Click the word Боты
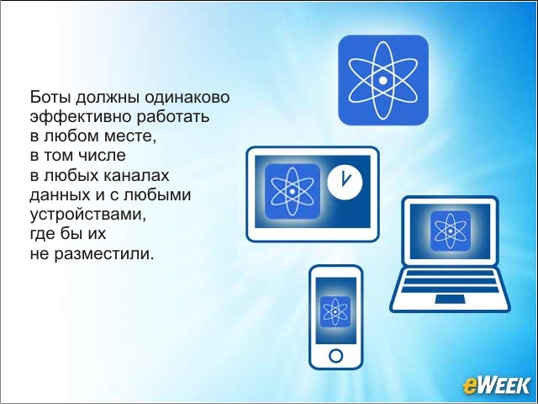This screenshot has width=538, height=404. click(x=50, y=97)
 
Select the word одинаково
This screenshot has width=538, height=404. click(x=187, y=98)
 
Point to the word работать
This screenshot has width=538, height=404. click(x=173, y=117)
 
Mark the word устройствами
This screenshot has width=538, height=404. click(x=87, y=215)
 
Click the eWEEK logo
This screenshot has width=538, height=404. click(x=496, y=385)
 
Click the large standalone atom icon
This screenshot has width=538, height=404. click(x=383, y=80)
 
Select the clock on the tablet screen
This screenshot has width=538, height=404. click(x=345, y=182)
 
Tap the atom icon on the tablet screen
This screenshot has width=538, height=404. click(x=293, y=191)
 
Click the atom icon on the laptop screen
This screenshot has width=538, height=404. click(x=451, y=231)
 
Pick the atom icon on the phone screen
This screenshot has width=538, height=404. click(x=335, y=311)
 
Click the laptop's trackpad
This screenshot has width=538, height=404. click(x=450, y=300)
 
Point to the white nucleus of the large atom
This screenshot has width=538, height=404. click(x=383, y=81)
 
